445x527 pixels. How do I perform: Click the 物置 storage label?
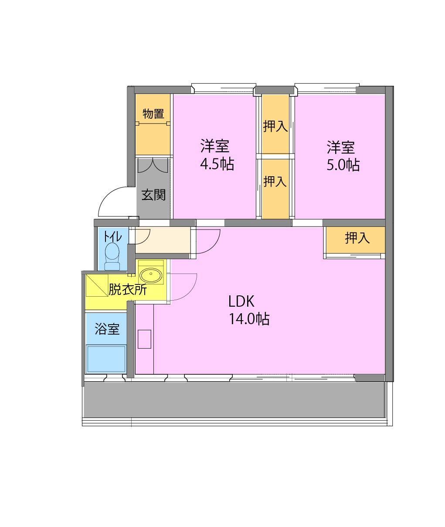click(x=153, y=113)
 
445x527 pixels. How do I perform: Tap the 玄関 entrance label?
click(x=153, y=195)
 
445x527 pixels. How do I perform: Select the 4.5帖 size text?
click(x=217, y=164)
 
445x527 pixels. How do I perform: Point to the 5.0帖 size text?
click(x=343, y=165)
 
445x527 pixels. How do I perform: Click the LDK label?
click(x=241, y=301)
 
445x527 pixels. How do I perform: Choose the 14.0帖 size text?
click(x=249, y=319)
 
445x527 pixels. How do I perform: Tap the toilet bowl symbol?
click(x=112, y=255)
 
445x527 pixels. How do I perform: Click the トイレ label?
click(x=112, y=236)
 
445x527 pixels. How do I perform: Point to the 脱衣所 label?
click(x=127, y=289)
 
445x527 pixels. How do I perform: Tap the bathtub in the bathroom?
click(x=106, y=359)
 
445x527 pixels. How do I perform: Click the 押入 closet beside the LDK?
click(x=357, y=238)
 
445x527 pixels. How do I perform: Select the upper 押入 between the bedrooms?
click(x=275, y=127)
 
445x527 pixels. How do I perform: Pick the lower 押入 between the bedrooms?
click(x=275, y=181)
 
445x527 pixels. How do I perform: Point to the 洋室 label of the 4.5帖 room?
click(x=215, y=146)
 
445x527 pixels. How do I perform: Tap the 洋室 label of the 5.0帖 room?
click(x=341, y=147)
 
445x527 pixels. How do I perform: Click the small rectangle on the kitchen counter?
click(x=144, y=339)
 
